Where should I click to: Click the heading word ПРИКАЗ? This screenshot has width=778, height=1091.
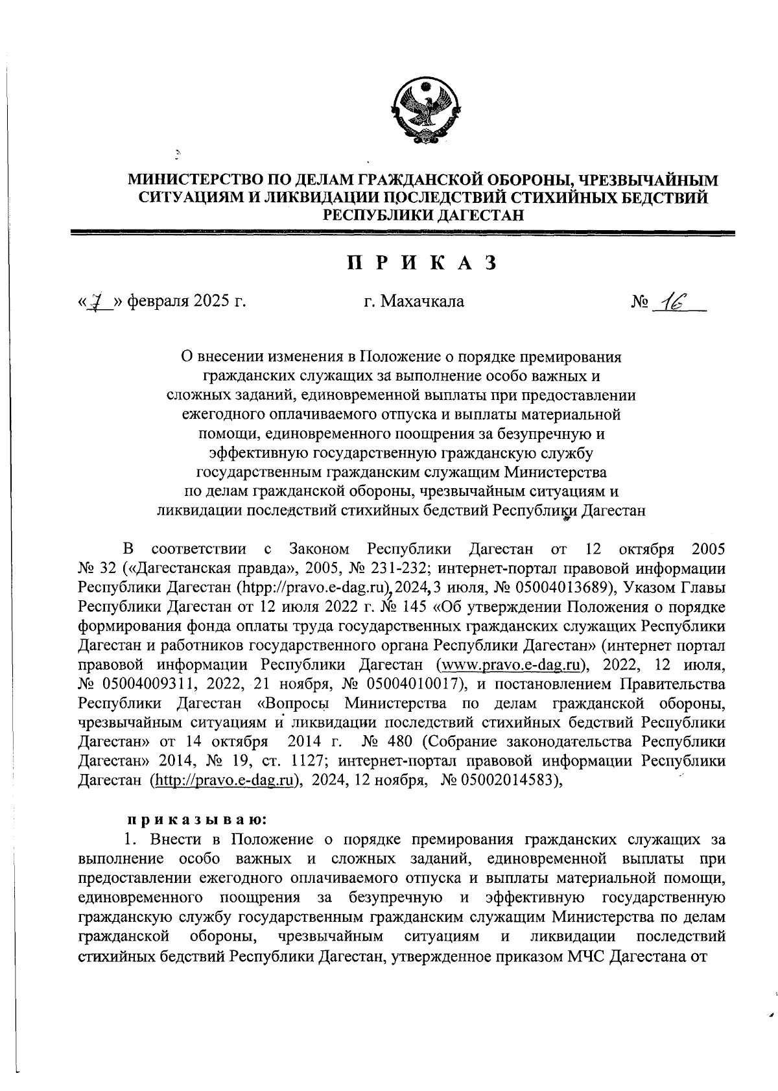click(422, 263)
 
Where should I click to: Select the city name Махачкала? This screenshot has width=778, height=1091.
click(422, 301)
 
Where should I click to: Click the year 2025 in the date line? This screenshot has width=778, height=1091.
click(207, 301)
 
